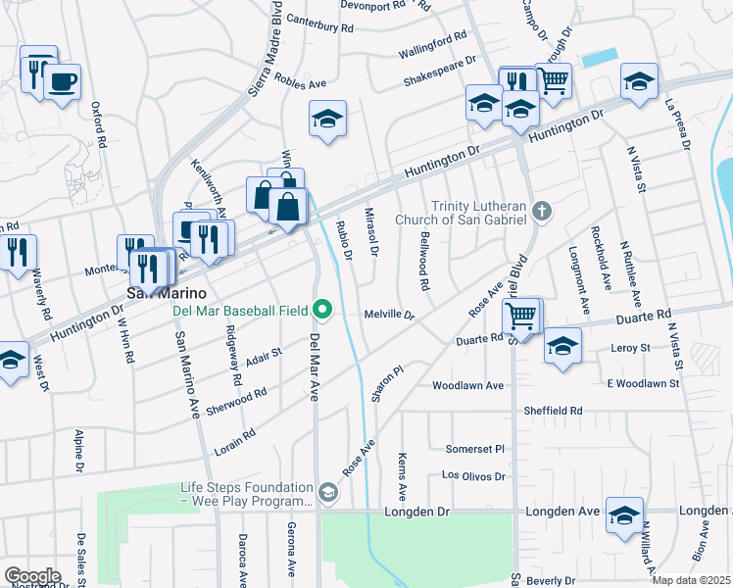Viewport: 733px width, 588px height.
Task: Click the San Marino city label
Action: [x=168, y=293]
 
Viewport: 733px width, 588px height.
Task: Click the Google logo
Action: [x=33, y=575]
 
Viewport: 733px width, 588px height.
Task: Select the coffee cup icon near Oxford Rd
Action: [x=63, y=80]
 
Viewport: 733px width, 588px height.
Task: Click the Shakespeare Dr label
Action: [x=439, y=70]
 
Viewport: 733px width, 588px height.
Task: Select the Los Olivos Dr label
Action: [x=473, y=476]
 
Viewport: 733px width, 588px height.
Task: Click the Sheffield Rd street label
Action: [x=553, y=411]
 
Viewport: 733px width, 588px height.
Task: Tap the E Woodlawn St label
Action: [x=643, y=383]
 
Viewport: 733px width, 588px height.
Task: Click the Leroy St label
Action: [x=630, y=348]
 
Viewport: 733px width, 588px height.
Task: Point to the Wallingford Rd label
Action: [x=432, y=45]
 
